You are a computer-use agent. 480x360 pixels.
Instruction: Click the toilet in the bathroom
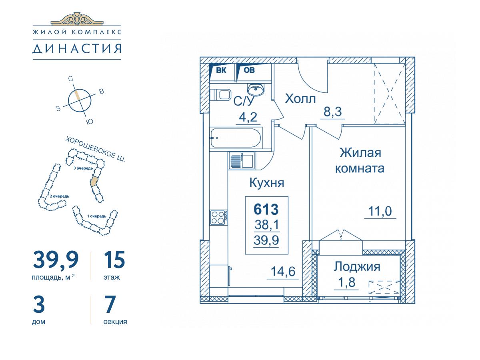coord(220,95)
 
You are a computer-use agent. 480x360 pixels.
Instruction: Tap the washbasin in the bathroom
coord(256,89)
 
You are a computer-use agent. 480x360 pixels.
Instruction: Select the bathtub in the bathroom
coord(235,138)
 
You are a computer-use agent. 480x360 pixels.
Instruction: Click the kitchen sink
coord(242,160)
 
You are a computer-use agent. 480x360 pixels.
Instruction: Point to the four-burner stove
coord(218,217)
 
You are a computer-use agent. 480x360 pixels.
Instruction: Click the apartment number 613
coord(266,209)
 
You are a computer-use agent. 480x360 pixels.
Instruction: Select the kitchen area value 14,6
coord(283,272)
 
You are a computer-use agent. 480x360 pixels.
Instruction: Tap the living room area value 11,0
coord(380,211)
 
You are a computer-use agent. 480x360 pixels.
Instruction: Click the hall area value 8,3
coord(332,112)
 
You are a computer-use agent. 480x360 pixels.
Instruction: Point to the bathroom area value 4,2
coord(248,117)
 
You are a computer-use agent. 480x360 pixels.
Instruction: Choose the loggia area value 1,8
coord(347,282)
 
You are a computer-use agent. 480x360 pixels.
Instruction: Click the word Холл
coord(300,98)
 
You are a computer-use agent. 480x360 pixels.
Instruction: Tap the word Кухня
coord(267,182)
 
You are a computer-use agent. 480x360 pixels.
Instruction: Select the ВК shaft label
coord(221,70)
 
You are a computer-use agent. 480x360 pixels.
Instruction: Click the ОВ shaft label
coord(249,70)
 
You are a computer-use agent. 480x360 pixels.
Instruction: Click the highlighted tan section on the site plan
coord(94,181)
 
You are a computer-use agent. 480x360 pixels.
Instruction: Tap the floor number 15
coord(114,260)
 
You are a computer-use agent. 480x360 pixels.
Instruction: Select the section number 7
coord(110,304)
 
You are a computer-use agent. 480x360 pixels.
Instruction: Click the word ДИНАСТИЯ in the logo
coord(77,48)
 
